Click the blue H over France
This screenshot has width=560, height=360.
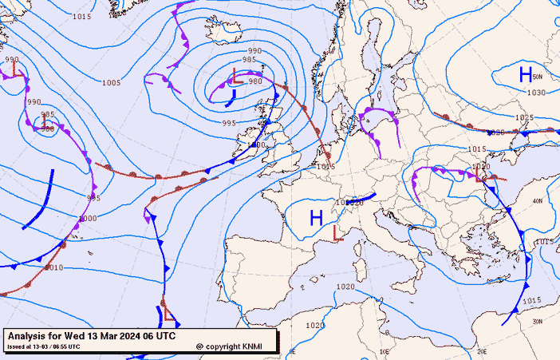[317, 217]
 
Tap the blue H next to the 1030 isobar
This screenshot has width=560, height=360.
[526, 75]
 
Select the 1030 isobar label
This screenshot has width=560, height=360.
[536, 93]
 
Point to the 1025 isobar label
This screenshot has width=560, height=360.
[523, 118]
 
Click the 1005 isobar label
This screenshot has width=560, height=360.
[112, 83]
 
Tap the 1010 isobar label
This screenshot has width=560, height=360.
[53, 267]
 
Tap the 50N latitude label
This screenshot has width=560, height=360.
[537, 77]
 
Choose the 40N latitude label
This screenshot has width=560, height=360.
[537, 201]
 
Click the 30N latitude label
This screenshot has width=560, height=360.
[537, 321]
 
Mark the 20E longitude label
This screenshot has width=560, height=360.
[482, 351]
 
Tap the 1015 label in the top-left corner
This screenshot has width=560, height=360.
[81, 16]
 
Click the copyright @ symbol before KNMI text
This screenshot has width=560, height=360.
[199, 346]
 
